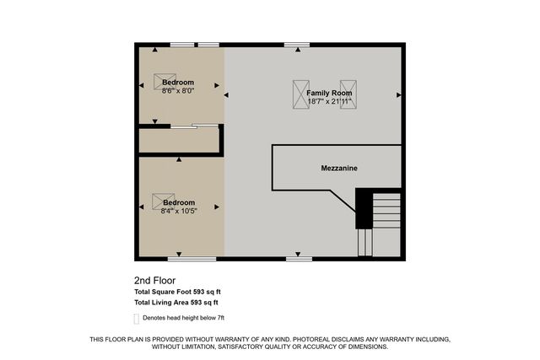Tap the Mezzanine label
[x=338, y=169]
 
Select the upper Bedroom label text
[x=178, y=82]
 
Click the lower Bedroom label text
[x=179, y=202]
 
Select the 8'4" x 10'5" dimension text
[x=179, y=210]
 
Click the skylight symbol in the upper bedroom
[x=163, y=81]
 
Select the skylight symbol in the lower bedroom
[x=160, y=201]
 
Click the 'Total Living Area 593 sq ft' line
[x=175, y=302]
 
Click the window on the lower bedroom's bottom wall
[x=186, y=259]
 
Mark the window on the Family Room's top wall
[x=296, y=44]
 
